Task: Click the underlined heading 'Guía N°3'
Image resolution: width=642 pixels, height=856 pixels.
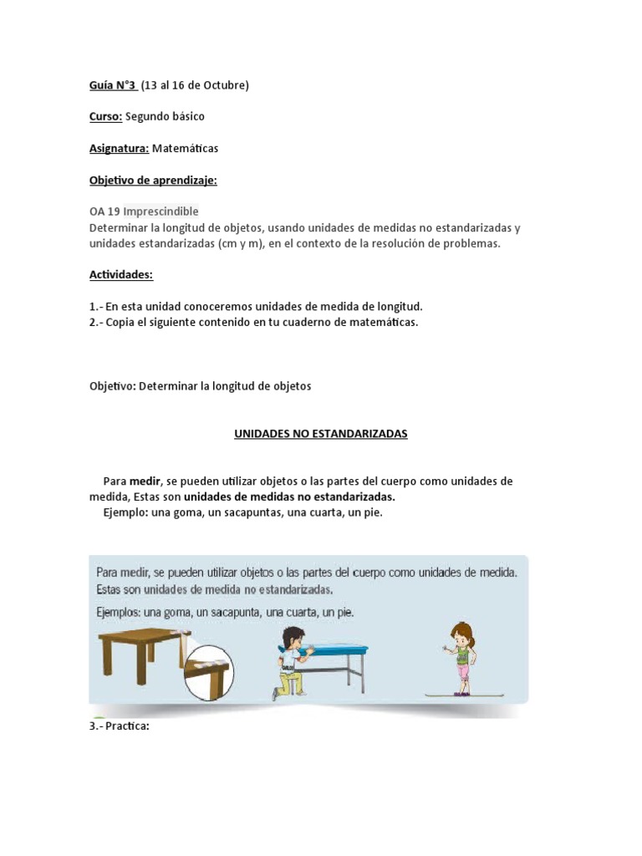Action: (113, 85)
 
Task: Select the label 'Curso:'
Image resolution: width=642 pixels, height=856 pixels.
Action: (105, 116)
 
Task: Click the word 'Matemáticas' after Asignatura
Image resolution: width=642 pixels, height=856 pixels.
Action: (185, 148)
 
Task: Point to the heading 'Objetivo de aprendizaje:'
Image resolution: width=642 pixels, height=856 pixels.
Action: (153, 180)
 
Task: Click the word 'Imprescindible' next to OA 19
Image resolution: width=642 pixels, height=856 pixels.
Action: (160, 211)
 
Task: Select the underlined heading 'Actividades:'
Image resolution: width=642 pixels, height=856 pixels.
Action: (121, 275)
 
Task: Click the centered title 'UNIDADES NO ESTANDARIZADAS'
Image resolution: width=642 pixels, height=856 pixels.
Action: (320, 434)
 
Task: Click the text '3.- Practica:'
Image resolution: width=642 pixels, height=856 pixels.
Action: (119, 726)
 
